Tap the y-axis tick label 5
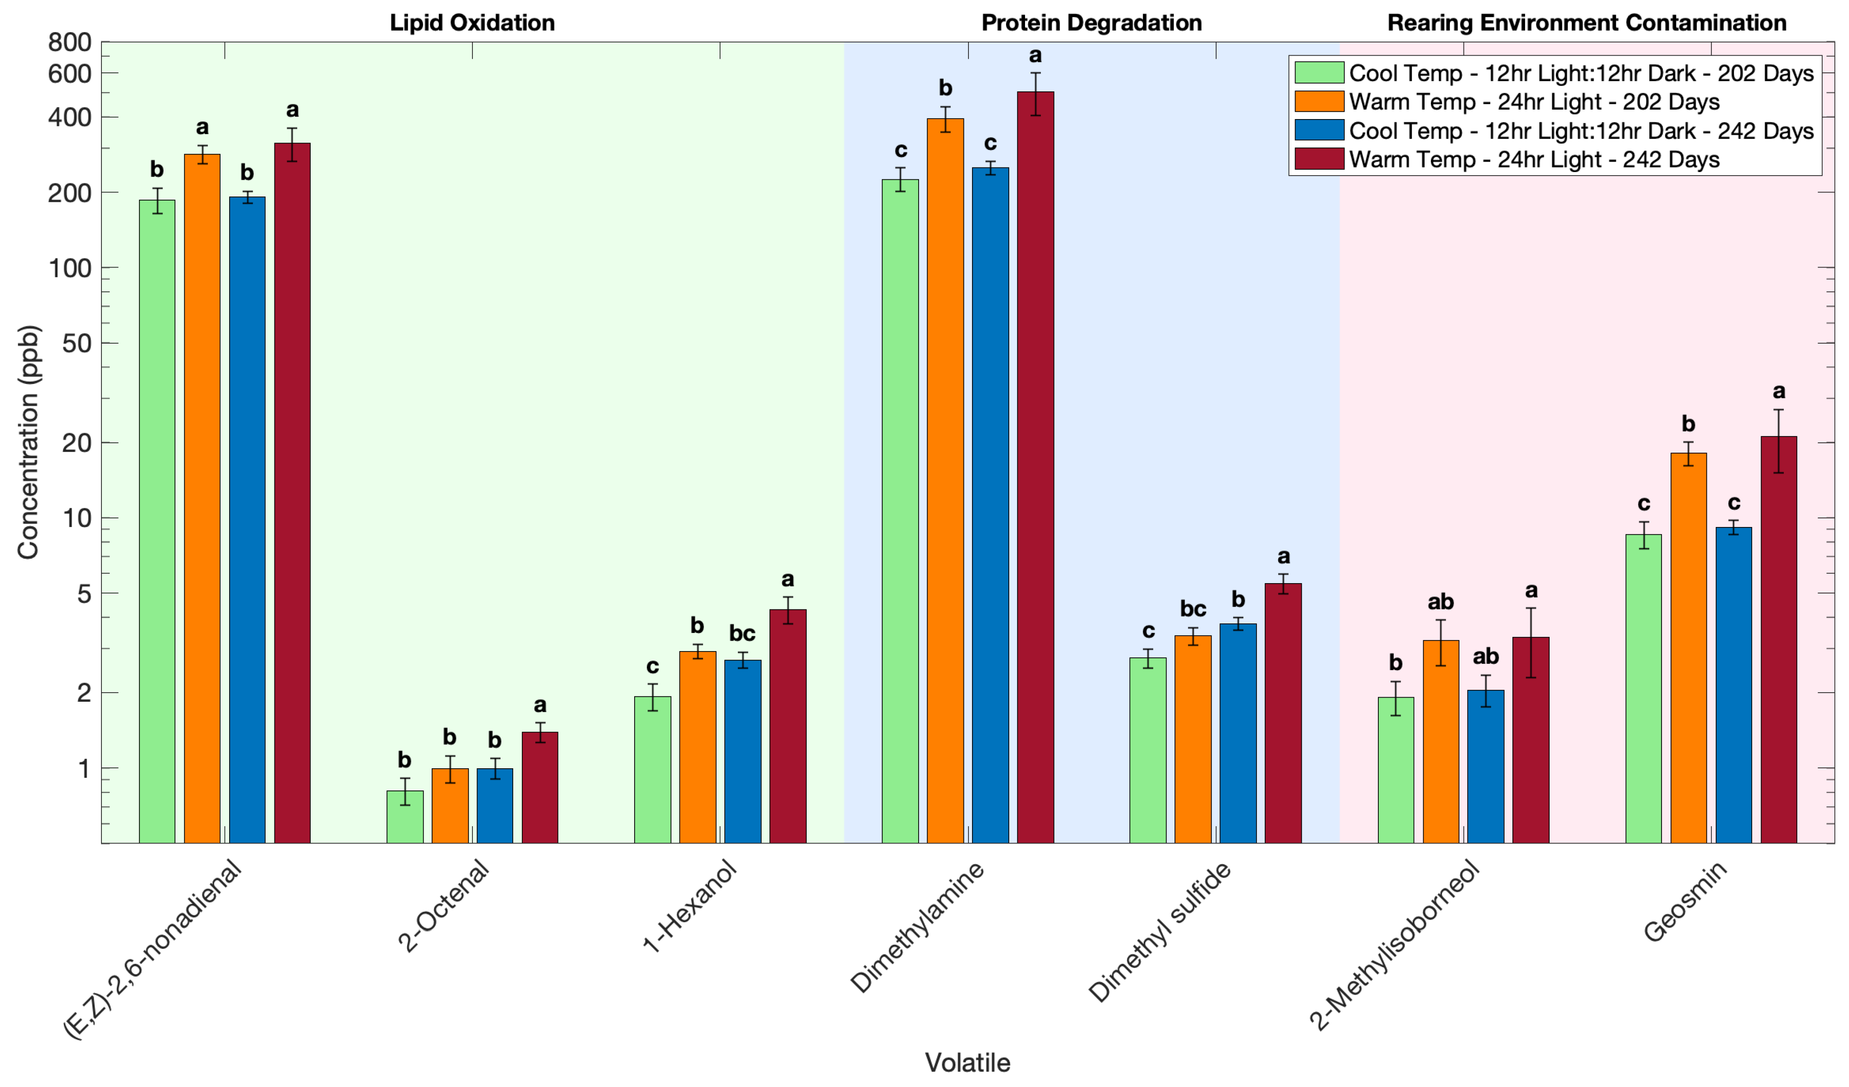(84, 594)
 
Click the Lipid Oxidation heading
(472, 23)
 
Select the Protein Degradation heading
(1091, 23)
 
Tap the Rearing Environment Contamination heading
(1586, 23)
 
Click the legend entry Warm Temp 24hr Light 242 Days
(1533, 159)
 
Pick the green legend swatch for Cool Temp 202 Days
(1319, 72)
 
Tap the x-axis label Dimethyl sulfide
(1159, 932)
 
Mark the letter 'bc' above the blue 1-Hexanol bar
(742, 633)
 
